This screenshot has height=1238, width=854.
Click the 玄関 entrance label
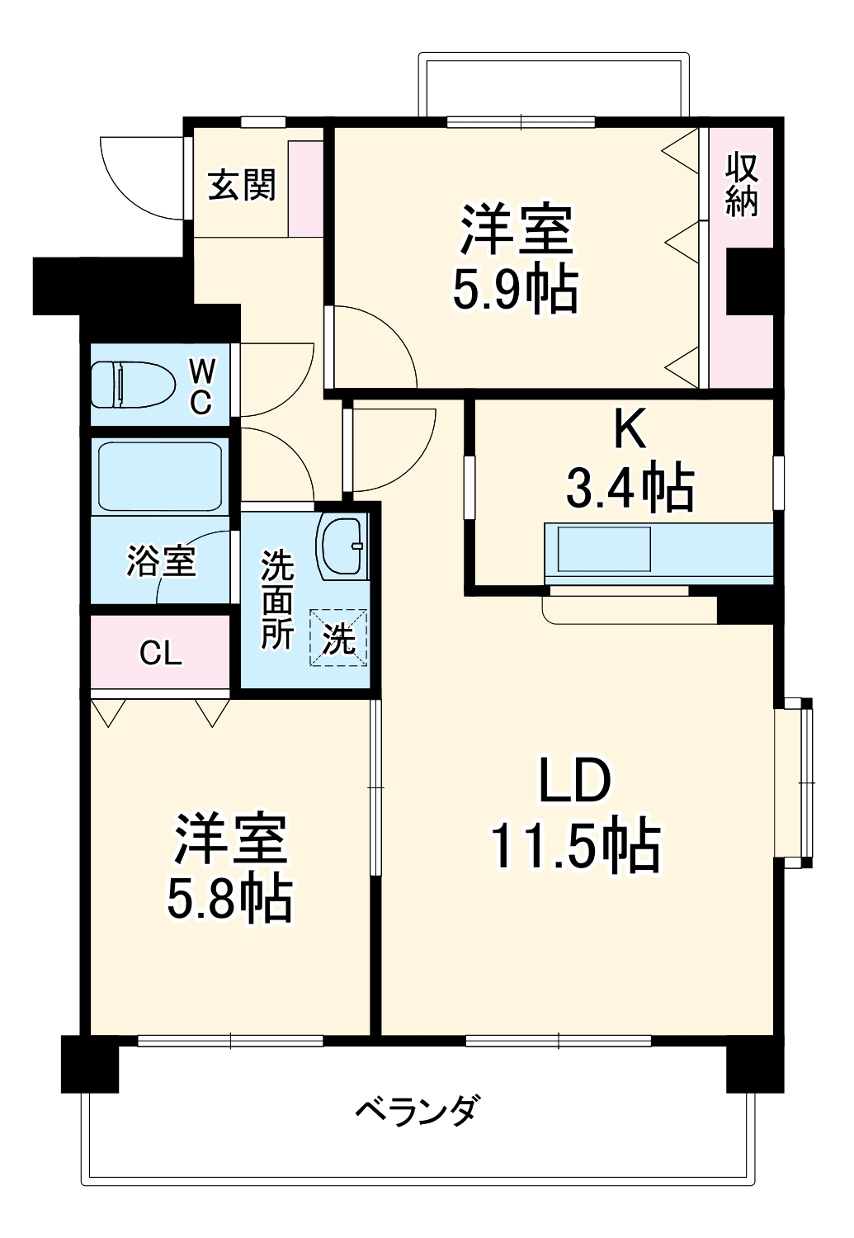(241, 185)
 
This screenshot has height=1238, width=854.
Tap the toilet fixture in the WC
(132, 385)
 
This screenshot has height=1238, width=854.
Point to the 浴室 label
(161, 561)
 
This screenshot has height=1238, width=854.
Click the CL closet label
(160, 653)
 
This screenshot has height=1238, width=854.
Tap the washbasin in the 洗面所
(342, 546)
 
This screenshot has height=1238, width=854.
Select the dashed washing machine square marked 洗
(338, 637)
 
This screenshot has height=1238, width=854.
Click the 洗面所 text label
(277, 600)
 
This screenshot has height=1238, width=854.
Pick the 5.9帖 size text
(515, 289)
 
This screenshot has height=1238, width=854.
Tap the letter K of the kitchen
(628, 428)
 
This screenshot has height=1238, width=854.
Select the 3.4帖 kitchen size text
(630, 487)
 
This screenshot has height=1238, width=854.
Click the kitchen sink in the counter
(604, 549)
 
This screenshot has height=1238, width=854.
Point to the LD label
(574, 781)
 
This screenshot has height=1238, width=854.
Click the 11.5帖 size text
(575, 845)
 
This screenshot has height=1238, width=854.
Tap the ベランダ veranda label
(417, 1110)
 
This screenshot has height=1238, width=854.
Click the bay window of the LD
(794, 782)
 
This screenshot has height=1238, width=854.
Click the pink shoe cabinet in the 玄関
(305, 189)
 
